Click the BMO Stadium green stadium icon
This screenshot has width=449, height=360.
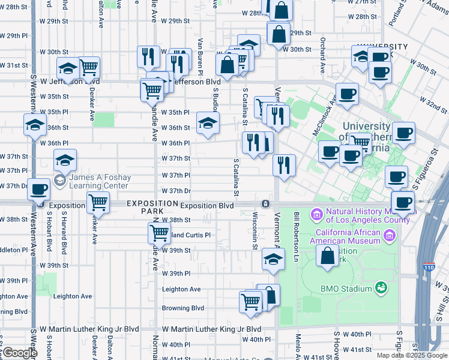381,289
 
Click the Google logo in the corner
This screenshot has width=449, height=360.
19,353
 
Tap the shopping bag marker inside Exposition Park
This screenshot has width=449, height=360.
328,255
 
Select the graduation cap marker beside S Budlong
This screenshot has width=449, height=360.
208,123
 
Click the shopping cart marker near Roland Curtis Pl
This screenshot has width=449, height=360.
159,232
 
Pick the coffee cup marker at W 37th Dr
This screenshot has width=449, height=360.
39,189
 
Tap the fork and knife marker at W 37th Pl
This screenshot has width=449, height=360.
284,165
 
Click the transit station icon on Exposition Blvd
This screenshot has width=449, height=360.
265,205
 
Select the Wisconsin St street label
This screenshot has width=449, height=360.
255,231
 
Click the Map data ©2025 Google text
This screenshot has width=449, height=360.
412,355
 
